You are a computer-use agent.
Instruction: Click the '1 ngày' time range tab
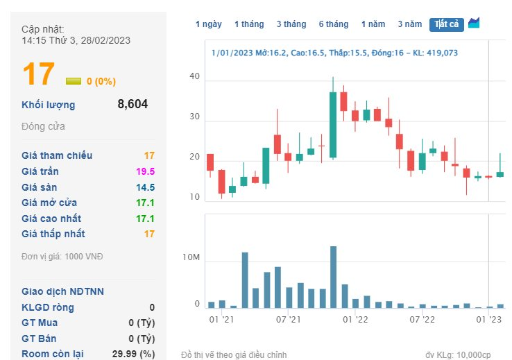[x=208, y=24]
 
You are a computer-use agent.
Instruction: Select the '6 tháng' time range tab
[x=333, y=24]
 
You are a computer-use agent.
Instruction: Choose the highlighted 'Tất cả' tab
[x=446, y=24]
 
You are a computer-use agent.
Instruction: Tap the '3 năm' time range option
[x=409, y=24]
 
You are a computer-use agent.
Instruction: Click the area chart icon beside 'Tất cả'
[x=474, y=23]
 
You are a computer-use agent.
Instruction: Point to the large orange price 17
[x=38, y=75]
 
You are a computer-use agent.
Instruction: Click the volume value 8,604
[x=133, y=105]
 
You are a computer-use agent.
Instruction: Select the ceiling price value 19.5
[x=146, y=171]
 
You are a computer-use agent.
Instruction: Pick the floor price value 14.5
[x=146, y=187]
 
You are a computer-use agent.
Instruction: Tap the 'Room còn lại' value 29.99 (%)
[x=134, y=354]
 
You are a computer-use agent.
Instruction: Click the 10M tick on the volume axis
[x=191, y=258]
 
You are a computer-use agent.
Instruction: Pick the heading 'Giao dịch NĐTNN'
[x=62, y=291]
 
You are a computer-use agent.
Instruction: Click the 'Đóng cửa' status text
[x=43, y=126]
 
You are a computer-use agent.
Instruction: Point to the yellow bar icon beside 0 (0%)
[x=73, y=81]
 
